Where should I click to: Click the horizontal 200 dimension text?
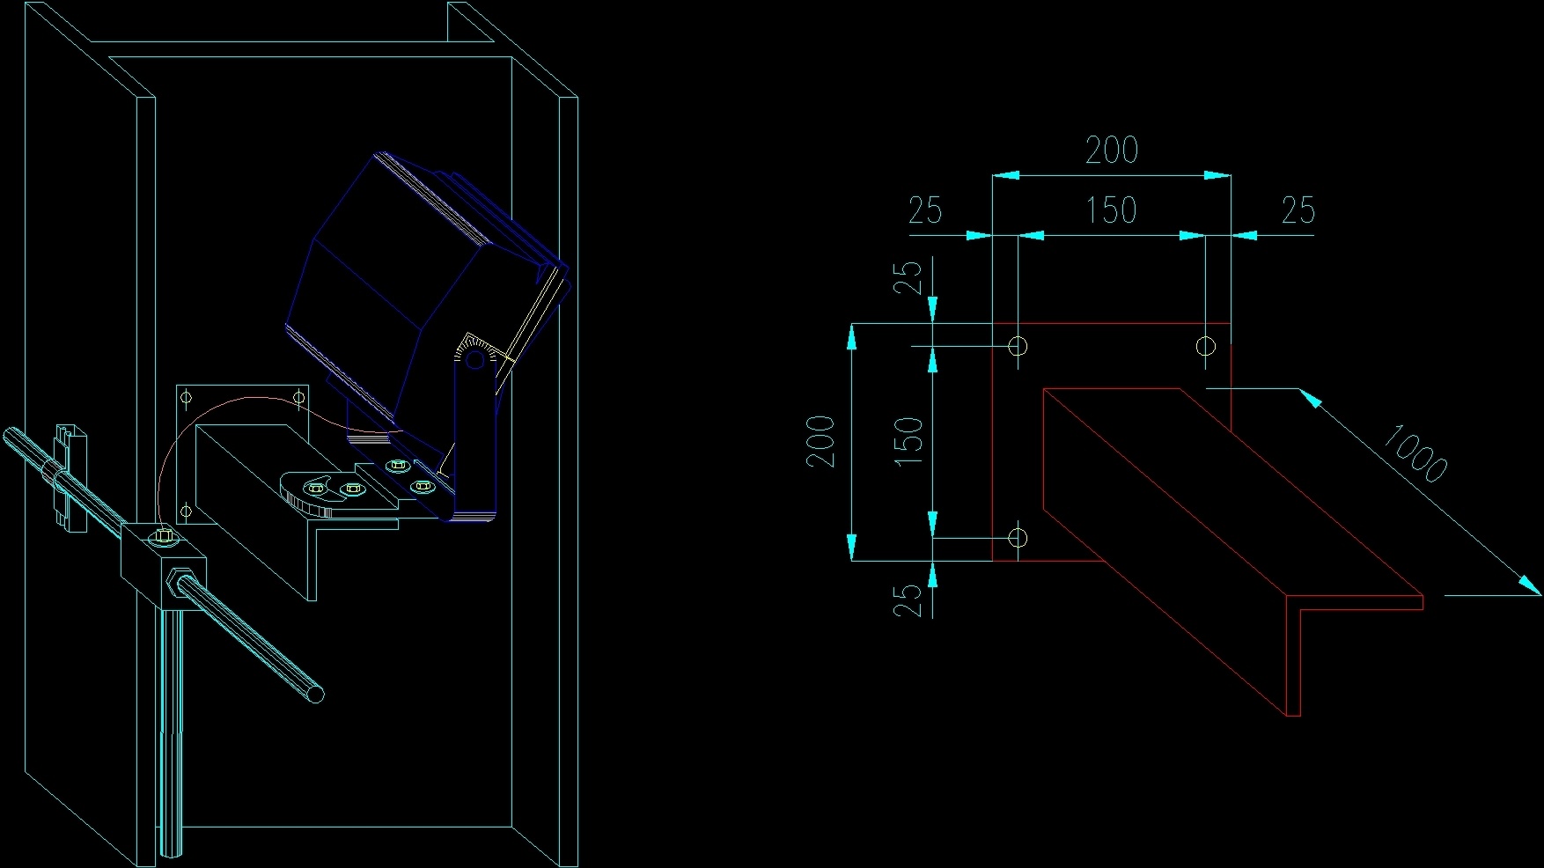coord(1112,150)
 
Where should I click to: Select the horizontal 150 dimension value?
coord(1111,210)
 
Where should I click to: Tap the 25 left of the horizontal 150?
coord(925,210)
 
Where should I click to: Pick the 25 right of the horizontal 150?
coord(1298,210)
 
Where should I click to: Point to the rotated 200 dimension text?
coord(820,441)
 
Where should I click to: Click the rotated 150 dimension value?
coord(908,441)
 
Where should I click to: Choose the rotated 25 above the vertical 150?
coord(908,276)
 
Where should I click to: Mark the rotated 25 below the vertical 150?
coord(908,600)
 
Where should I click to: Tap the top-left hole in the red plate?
coord(1018,346)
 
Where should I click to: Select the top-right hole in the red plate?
coord(1206,346)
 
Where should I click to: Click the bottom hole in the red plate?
coord(1018,537)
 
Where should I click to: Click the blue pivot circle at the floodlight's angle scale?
coord(474,359)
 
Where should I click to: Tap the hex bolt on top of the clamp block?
coord(162,536)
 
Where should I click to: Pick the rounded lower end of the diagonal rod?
coord(316,694)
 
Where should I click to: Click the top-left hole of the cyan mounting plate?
coord(187,399)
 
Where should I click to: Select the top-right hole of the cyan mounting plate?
coord(299,399)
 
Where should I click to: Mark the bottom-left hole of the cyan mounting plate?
coord(187,511)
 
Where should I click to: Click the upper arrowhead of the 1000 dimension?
coord(1310,399)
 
